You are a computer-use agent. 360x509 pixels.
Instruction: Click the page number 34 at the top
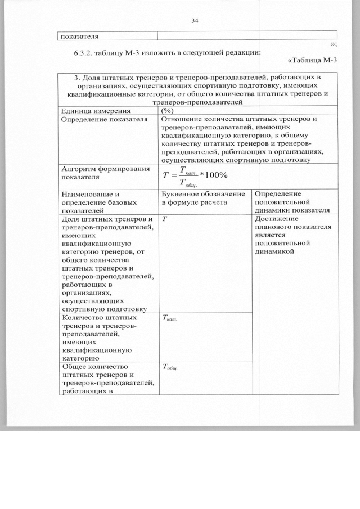coord(195,21)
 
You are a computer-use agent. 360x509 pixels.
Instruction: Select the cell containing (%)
coord(167,111)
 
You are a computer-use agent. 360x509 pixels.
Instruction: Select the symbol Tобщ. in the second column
coord(170,368)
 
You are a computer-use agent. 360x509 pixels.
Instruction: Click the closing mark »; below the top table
coord(333,44)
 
